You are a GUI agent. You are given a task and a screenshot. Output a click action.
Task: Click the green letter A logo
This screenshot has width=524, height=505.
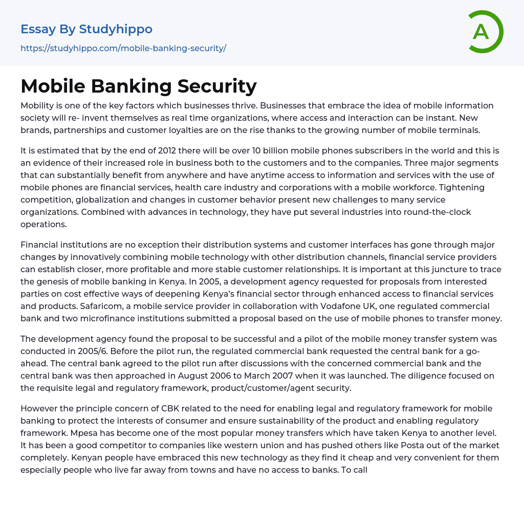pos(483,32)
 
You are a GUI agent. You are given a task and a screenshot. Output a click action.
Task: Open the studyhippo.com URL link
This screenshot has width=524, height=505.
pos(123,49)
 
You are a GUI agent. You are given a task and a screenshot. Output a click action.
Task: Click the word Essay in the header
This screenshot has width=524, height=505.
pos(38,29)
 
